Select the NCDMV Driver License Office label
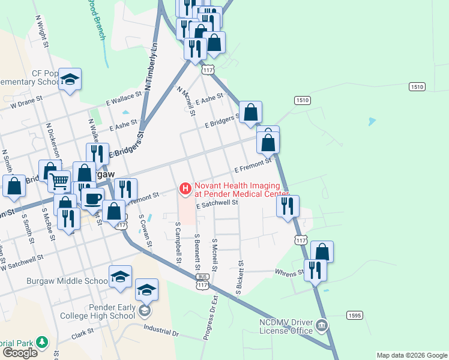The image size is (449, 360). pyautogui.click(x=286, y=326)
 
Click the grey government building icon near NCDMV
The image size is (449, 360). pyautogui.click(x=322, y=326)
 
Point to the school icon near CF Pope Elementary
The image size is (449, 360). pyautogui.click(x=70, y=80)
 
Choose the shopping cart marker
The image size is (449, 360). pyautogui.click(x=59, y=180)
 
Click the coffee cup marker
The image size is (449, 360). pyautogui.click(x=92, y=199)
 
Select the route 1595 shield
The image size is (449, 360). pyautogui.click(x=354, y=315)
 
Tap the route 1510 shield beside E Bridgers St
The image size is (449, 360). pyautogui.click(x=302, y=100)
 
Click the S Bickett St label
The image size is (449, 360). pyautogui.click(x=240, y=277)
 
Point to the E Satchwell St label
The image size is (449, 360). pyautogui.click(x=217, y=203)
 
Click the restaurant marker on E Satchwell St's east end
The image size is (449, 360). pyautogui.click(x=288, y=206)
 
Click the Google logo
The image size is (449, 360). pyautogui.click(x=20, y=353)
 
